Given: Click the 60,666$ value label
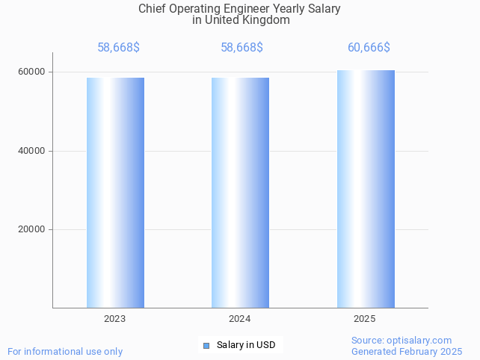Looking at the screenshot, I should pos(369,48).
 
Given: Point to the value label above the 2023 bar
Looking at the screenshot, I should pos(118,48).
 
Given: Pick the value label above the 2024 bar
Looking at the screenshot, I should pos(241,48).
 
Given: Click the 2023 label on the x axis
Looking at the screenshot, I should pos(115,319).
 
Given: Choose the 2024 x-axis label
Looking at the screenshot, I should pos(240,319).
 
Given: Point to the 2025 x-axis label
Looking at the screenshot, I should pos(365,319).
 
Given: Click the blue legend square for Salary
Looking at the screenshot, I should pos(206,345).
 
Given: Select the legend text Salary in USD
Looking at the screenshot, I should pos(246,345).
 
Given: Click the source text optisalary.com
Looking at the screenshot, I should pos(422,341).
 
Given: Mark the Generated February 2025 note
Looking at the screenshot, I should pos(407,352).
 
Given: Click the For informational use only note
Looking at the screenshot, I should pos(65,352).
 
